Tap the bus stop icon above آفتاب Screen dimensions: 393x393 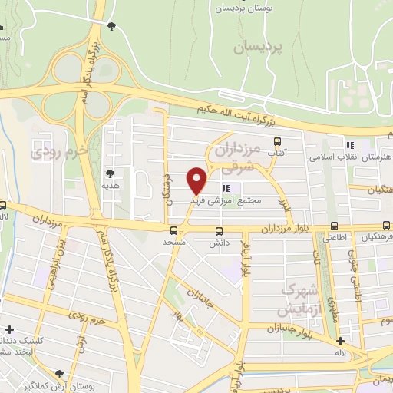point(278,142)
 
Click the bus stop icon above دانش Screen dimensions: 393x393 point(220,231)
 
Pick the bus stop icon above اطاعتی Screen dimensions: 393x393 point(334,226)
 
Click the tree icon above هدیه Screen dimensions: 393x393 point(111,173)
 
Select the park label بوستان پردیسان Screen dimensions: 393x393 point(243,8)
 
